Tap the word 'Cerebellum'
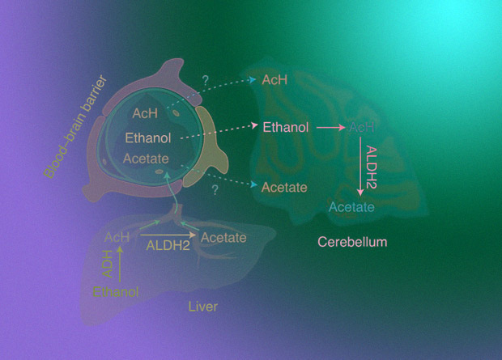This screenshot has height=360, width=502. [x=352, y=242]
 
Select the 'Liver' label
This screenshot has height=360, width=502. [x=202, y=307]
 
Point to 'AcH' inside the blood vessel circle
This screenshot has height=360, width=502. [x=145, y=114]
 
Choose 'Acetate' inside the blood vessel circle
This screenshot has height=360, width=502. [x=146, y=159]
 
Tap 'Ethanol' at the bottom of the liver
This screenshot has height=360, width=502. [x=116, y=291]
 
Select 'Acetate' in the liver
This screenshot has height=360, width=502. [x=223, y=237]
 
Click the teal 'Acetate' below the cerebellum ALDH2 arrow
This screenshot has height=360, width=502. [x=351, y=208]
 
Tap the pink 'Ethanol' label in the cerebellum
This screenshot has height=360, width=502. [x=285, y=127]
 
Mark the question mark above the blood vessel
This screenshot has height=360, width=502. [x=205, y=81]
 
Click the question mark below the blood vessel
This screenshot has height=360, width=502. [x=215, y=190]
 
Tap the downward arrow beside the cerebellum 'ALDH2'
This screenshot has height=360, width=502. [x=360, y=166]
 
